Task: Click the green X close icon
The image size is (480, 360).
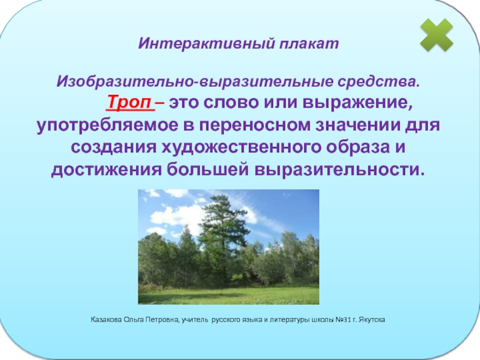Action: point(437,35)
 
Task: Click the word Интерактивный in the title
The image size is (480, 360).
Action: point(206,43)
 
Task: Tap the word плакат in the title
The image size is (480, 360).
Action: point(309,43)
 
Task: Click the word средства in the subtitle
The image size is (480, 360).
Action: point(379,82)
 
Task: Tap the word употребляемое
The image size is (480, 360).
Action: point(107,125)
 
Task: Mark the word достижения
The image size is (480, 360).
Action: point(106,170)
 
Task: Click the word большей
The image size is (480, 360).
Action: point(208,170)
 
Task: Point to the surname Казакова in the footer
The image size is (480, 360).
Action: point(106,320)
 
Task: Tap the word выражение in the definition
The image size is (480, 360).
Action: point(358,103)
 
